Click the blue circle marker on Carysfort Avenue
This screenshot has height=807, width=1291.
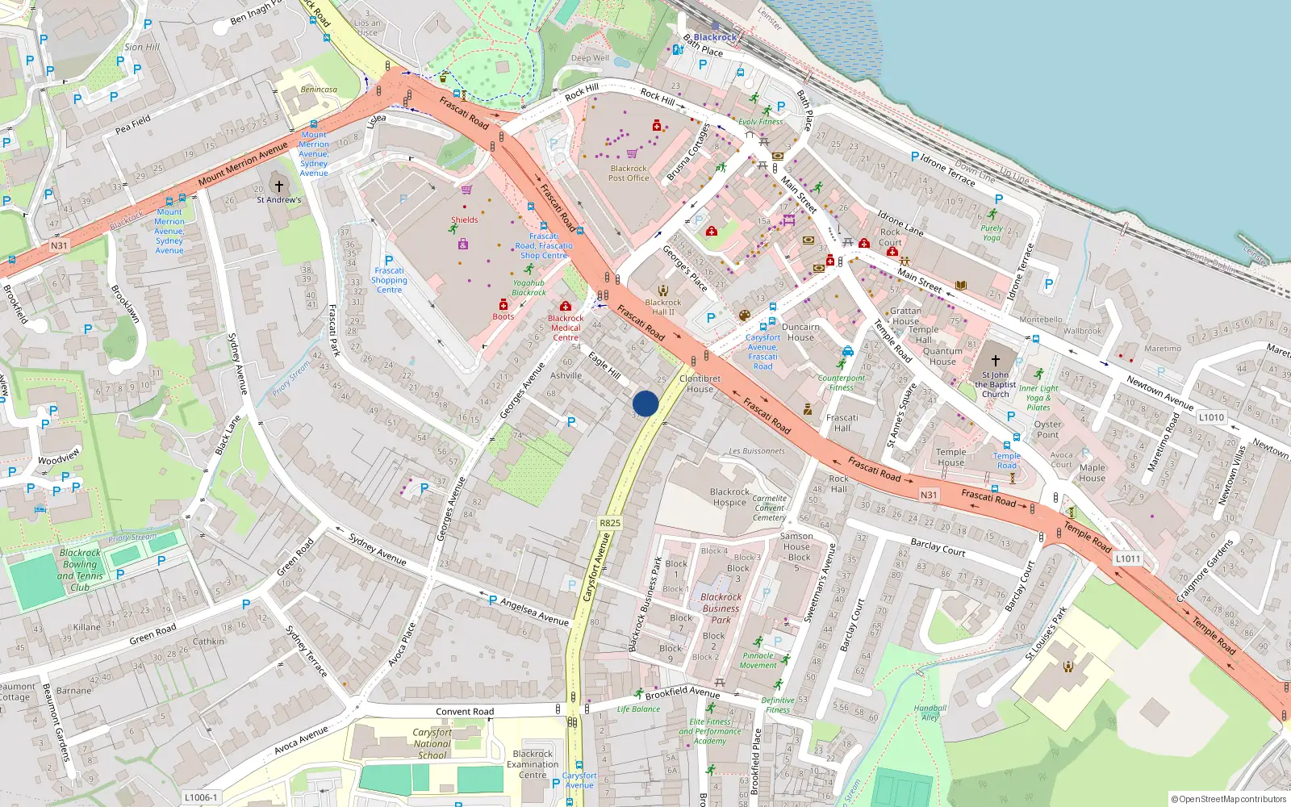click(645, 403)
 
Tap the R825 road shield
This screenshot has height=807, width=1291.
click(610, 523)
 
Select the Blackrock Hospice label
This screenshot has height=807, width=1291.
click(729, 497)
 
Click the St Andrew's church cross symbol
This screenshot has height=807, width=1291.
click(279, 186)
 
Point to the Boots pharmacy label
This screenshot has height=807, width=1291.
click(503, 316)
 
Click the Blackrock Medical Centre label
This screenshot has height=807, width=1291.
click(566, 328)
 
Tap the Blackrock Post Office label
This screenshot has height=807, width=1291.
click(629, 174)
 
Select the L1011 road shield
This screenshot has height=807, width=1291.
click(1128, 558)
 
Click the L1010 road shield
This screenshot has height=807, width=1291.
click(1211, 417)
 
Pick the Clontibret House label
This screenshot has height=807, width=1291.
click(700, 383)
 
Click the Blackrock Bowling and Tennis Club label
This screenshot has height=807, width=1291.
click(80, 571)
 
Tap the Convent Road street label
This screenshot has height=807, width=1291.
click(465, 712)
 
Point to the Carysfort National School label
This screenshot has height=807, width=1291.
click(432, 744)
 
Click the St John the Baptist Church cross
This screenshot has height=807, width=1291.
click(995, 361)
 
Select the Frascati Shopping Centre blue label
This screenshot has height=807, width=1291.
click(389, 280)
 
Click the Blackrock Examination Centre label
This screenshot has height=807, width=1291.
click(533, 764)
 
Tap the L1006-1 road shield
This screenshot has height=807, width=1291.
click(200, 797)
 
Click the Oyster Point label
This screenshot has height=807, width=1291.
click(1047, 429)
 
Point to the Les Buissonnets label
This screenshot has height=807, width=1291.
click(757, 451)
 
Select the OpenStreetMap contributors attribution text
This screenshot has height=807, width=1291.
click(1229, 800)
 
